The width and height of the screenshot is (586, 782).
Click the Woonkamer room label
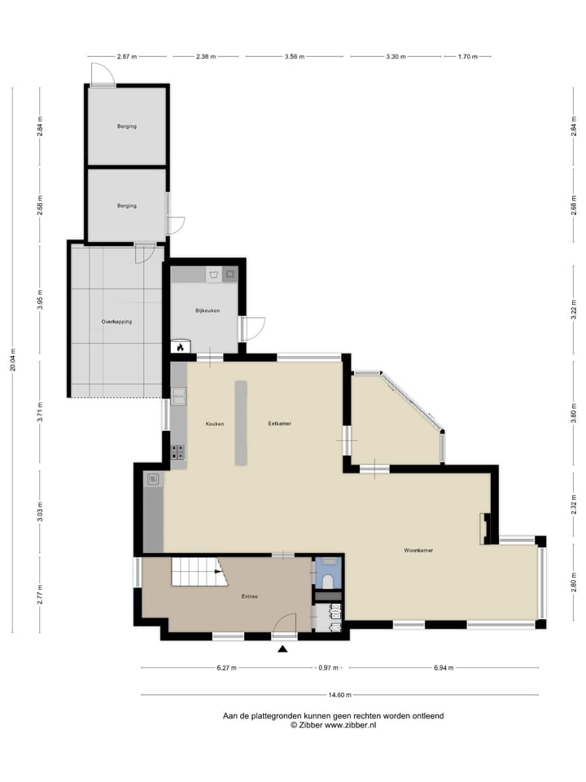tap(418, 551)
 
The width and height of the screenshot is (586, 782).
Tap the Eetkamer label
tap(280, 424)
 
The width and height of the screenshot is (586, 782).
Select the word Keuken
tap(215, 424)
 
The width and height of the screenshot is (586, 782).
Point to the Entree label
tap(249, 597)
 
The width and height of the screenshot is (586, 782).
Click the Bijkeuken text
tap(208, 310)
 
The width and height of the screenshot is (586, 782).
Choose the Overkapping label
tap(116, 321)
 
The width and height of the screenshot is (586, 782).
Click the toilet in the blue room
tap(328, 581)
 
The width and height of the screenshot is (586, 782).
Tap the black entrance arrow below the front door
tap(283, 649)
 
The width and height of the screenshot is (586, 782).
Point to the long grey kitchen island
tap(242, 423)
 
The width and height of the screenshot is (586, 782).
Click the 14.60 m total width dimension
tap(339, 695)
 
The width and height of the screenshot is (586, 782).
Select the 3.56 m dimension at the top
tap(294, 57)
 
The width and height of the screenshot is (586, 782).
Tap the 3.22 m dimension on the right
tap(573, 310)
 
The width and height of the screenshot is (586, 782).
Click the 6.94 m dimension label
tap(443, 668)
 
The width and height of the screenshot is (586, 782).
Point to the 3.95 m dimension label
tap(40, 299)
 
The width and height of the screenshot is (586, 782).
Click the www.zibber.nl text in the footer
tap(350, 724)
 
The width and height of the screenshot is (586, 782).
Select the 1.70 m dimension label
tap(468, 57)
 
